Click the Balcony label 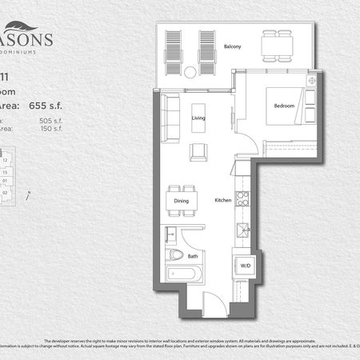[x=233, y=46]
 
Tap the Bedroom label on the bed [x=284, y=106]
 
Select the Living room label [x=199, y=118]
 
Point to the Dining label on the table [x=181, y=202]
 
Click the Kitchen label [x=223, y=201]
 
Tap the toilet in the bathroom [x=177, y=256]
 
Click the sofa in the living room [x=170, y=118]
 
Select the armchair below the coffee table [x=198, y=151]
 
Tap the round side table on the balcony [x=190, y=72]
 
